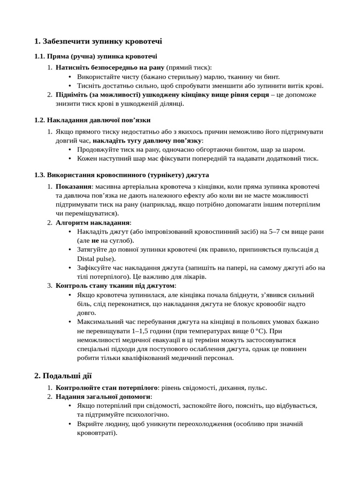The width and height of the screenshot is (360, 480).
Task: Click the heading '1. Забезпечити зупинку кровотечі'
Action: pos(98,42)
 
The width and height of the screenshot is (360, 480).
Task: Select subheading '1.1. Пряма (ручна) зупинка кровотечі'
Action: pos(89,57)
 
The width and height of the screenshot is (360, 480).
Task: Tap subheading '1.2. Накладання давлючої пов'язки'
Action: pos(92,120)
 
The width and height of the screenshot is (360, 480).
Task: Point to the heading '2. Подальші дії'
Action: pos(63,375)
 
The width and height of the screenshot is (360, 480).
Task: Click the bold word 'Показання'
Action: pos(74,187)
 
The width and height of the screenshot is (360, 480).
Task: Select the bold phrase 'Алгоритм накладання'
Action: pos(93,223)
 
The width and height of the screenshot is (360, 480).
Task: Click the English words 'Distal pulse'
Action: pos(95,258)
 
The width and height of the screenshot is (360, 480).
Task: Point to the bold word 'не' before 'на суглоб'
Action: pos(95,240)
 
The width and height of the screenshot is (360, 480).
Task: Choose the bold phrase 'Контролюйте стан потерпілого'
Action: pos(106,388)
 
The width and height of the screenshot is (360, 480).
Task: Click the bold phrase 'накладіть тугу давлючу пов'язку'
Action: pos(147,141)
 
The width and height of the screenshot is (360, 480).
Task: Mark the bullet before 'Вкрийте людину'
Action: pos(70,424)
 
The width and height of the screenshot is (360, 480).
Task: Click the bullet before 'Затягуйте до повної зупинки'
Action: pos(70,249)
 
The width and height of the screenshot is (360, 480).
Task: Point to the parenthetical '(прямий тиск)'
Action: pos(189,67)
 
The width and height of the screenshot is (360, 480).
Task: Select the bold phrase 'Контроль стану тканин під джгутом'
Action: pos(115,285)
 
